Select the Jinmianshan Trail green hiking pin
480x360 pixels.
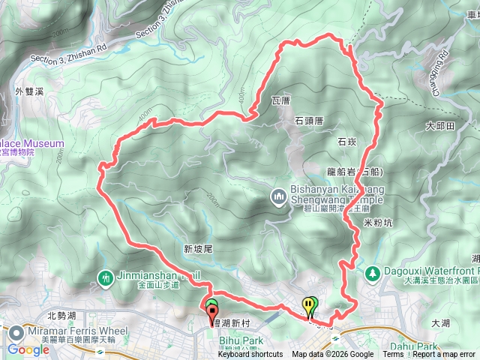pos(106,277)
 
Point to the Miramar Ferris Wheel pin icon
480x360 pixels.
pos(15,331)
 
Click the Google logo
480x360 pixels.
pos(28,349)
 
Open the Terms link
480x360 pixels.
pos(393,355)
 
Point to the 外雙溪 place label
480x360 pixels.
pos(30,91)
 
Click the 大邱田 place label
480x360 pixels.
pos(440,126)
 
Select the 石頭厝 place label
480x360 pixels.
pos(308,120)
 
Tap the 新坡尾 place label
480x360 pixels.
pos(199,248)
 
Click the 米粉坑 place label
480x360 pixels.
pos(378,223)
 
